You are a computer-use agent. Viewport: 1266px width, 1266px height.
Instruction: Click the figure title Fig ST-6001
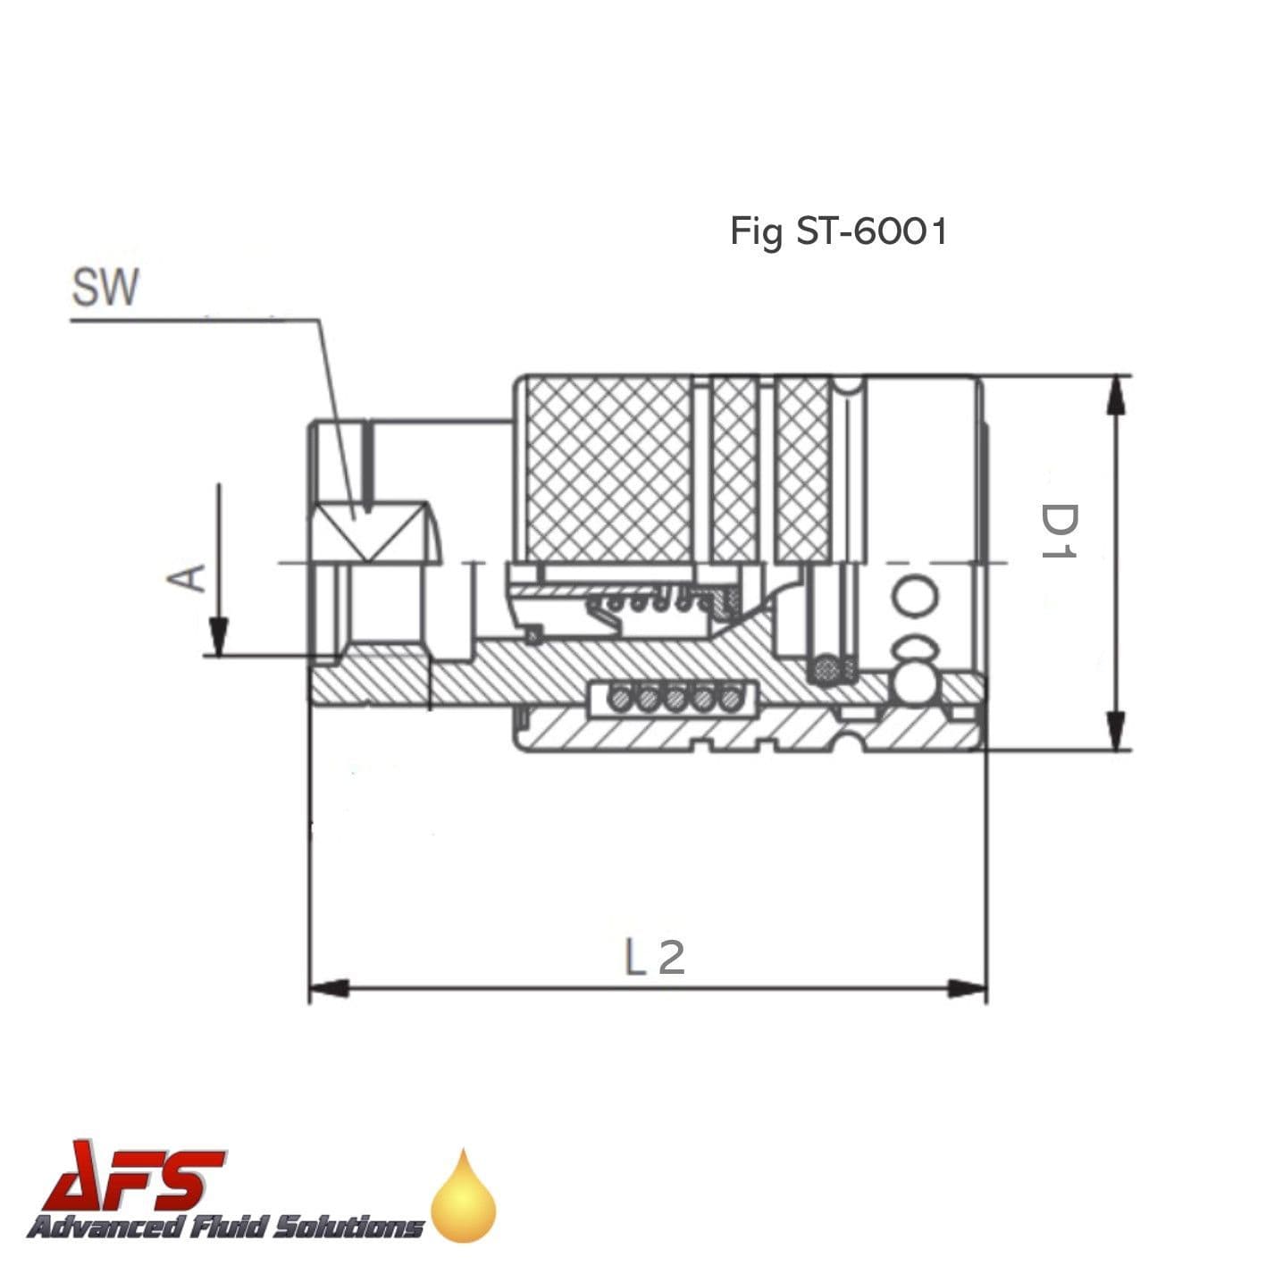(x=838, y=231)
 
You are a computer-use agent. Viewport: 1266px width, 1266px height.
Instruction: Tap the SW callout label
(x=105, y=288)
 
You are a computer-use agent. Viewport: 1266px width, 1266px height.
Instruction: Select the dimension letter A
(x=186, y=577)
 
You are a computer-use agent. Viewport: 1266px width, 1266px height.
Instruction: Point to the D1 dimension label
(x=1060, y=531)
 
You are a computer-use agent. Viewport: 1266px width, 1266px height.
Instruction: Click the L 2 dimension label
(x=654, y=958)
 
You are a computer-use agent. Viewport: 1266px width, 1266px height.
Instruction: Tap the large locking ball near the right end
(x=913, y=683)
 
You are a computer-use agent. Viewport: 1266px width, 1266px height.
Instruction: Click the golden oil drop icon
(x=463, y=1200)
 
